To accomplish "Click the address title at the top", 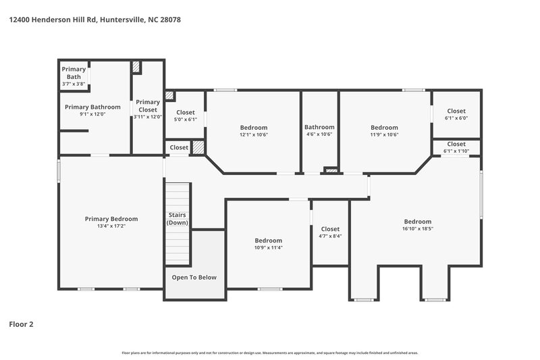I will [x=94, y=20].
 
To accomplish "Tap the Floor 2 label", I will [x=21, y=324].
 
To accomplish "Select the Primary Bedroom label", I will [x=111, y=219].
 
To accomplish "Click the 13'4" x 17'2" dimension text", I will [x=111, y=226].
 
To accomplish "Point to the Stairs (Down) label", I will [x=178, y=218].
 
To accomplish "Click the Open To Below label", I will [x=194, y=278].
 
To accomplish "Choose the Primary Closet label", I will [x=147, y=105].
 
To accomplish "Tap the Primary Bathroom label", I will [x=92, y=107].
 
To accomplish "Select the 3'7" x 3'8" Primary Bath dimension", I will [x=74, y=84].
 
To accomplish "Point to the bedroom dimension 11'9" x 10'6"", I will [x=384, y=135].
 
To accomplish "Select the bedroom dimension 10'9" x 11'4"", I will [x=268, y=248].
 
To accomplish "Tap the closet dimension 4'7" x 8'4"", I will [x=330, y=236].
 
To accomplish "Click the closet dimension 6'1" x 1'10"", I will [x=456, y=151].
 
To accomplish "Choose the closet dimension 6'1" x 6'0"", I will [x=456, y=118].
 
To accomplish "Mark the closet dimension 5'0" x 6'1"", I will [x=186, y=120].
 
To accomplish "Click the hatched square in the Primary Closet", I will [x=136, y=68].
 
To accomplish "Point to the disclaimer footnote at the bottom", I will [x=270, y=353].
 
